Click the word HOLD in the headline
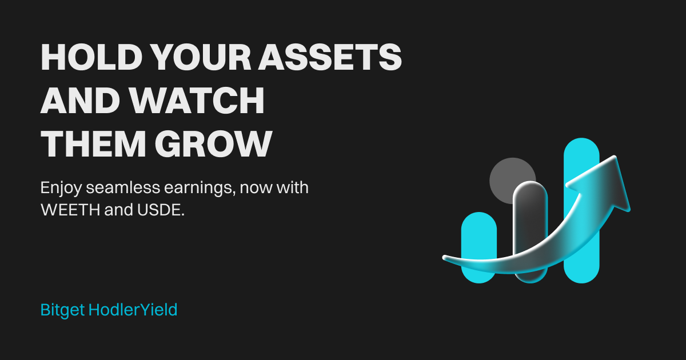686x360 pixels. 91,57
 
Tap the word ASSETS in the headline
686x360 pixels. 330,57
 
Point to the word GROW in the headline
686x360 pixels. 213,143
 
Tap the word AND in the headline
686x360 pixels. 80,100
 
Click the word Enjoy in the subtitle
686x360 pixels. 61,188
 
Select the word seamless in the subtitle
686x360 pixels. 123,187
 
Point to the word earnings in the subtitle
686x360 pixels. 200,188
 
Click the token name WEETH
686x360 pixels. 70,210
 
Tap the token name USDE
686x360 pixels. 161,210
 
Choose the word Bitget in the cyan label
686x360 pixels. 62,310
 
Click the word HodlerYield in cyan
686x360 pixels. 133,310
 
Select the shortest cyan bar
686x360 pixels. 479,247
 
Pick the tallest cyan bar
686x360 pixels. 581,211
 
